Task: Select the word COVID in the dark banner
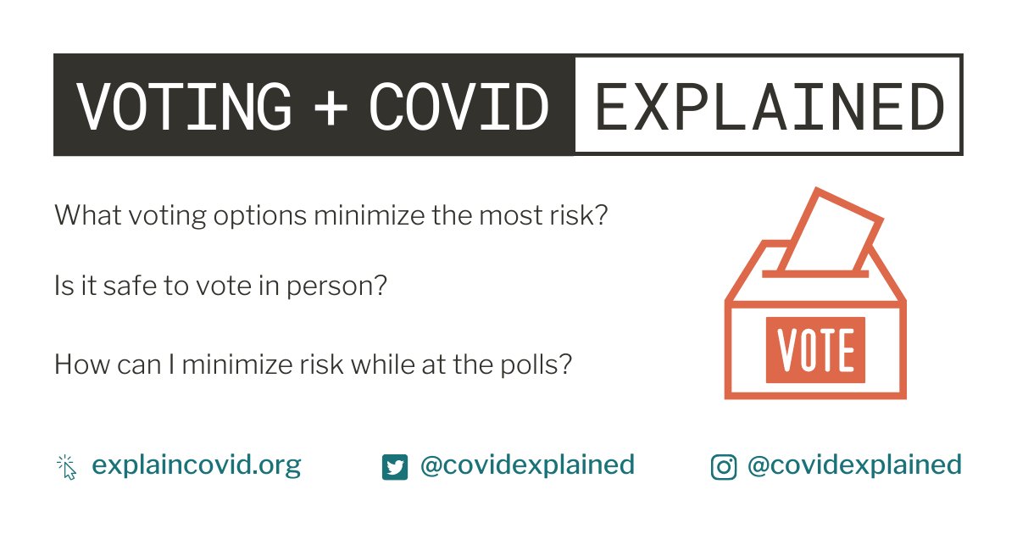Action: coord(458,107)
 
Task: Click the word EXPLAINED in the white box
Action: coord(769,107)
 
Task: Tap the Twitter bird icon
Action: coord(394,467)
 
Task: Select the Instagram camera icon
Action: coord(723,467)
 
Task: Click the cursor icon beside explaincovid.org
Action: coord(66,467)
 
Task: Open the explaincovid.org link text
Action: coord(197,465)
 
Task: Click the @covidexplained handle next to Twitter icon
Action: coord(527,465)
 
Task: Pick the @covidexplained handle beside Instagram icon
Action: coord(854,465)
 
